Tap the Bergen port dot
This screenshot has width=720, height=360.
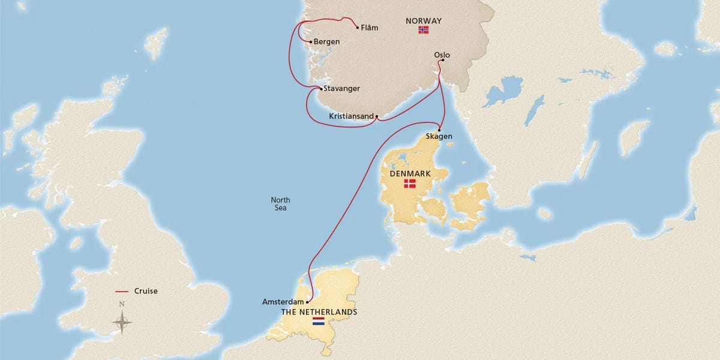coord(310,41)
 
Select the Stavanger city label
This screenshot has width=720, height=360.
coord(342,89)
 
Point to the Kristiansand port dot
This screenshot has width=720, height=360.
coord(376,116)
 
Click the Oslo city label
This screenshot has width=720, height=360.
coord(442,55)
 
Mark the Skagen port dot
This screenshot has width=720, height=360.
coord(440,130)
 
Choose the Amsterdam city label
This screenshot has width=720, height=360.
coord(283,302)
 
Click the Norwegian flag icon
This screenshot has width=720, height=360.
coord(424,30)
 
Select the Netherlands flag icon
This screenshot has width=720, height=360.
coord(318,322)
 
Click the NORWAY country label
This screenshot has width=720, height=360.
coord(424,20)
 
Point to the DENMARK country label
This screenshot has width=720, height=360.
coord(410,173)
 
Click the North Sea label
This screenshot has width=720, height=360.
coord(280,204)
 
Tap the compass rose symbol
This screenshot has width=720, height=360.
coord(122,323)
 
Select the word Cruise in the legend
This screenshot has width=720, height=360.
coord(146,292)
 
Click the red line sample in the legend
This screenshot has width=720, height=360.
coord(122,292)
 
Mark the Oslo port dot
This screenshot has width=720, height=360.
coord(442,60)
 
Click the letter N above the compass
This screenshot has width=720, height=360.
coord(122,304)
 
